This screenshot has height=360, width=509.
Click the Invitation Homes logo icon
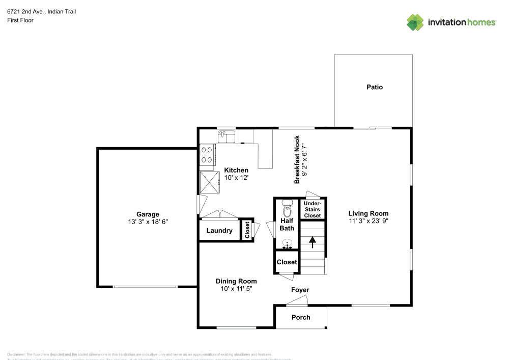click(x=415, y=22)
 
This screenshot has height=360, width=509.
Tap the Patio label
click(x=375, y=87)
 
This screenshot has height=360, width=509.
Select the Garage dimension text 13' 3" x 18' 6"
click(x=148, y=222)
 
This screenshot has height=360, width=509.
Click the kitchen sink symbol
click(x=227, y=136)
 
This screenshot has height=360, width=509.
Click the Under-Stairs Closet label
click(x=313, y=209)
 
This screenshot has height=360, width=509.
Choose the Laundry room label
click(x=219, y=231)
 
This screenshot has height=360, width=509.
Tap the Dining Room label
click(x=236, y=281)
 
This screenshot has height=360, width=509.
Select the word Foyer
click(x=300, y=290)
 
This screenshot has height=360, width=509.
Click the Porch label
click(x=301, y=317)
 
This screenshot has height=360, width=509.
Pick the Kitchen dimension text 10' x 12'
click(x=236, y=178)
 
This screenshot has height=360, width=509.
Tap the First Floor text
click(x=20, y=20)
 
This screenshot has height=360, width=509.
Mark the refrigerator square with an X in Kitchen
click(x=209, y=182)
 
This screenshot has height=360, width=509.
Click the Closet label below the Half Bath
click(x=287, y=262)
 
